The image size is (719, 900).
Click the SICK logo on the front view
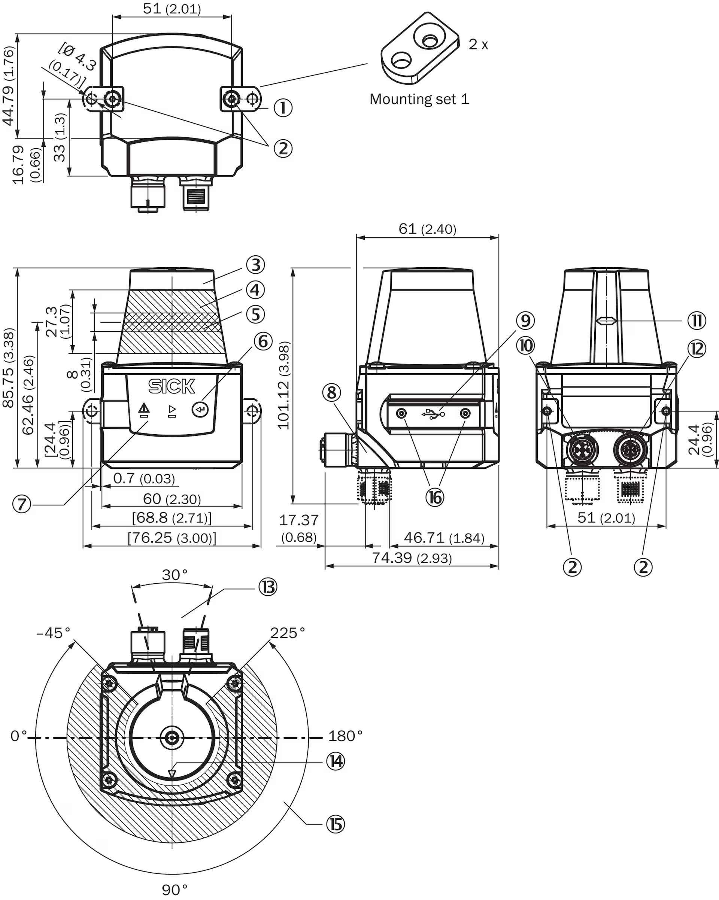pos(172,386)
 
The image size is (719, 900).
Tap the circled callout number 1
pos(283,108)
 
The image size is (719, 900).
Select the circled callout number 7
pos(22,504)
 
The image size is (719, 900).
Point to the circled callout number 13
pos(267,587)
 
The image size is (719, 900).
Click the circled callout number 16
pos(435,498)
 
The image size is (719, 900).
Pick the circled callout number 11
pos(697,320)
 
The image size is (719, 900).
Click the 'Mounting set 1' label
pos(419,99)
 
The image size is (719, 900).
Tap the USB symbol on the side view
pos(433,414)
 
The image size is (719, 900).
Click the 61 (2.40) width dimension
pos(427,229)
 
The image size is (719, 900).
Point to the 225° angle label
pos(287,633)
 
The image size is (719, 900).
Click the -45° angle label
pos(54,633)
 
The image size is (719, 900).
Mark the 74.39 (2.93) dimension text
pos(412,558)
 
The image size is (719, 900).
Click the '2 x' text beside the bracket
pos(478,44)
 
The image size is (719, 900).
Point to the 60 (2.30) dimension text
pos(172,499)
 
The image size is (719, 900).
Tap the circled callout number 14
pos(335,761)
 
